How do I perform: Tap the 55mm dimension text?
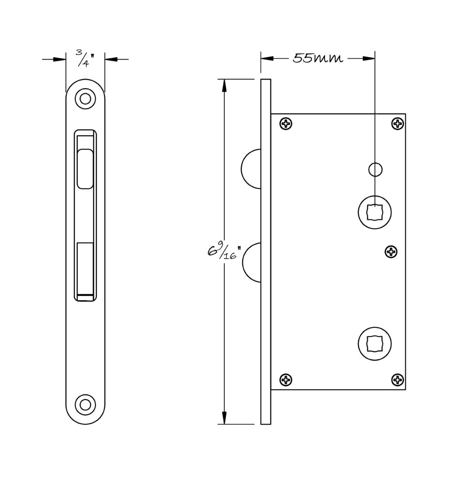[x=318, y=58]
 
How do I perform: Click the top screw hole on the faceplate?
[x=85, y=99]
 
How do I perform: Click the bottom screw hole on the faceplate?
[x=85, y=405]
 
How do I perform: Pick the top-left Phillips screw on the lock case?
[x=286, y=123]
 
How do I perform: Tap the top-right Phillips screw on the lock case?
[x=398, y=124]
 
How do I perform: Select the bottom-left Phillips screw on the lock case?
[x=286, y=379]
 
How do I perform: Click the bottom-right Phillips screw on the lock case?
[x=398, y=379]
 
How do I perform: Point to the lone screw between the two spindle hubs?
[x=392, y=251]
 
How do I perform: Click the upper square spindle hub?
[x=375, y=212]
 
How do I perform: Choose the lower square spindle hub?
[x=375, y=344]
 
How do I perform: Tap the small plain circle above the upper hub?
[x=375, y=169]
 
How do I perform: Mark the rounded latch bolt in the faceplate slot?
[x=85, y=169]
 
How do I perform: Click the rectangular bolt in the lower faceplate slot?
[x=85, y=268]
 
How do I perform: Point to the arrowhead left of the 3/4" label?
[x=60, y=59]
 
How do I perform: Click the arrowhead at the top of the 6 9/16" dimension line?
[x=224, y=85]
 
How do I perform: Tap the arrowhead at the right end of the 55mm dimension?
[x=369, y=58]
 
